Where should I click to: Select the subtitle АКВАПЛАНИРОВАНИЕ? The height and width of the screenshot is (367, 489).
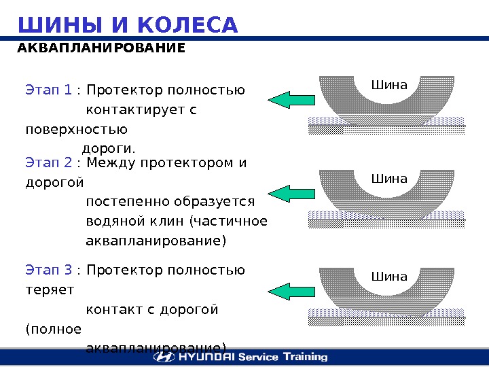coord(101,49)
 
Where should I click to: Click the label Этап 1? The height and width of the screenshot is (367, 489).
coord(48,90)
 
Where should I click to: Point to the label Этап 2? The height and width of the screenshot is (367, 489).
coord(48,163)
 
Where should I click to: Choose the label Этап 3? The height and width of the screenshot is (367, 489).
coord(48,270)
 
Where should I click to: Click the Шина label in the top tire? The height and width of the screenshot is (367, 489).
coord(389,86)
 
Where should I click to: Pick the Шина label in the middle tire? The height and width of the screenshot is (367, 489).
coord(389,179)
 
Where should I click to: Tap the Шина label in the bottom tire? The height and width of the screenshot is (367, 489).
coord(389,277)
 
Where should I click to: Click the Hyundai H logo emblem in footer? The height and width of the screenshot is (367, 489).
coord(164,357)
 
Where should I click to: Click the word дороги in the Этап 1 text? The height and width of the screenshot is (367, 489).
coord(107,148)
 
